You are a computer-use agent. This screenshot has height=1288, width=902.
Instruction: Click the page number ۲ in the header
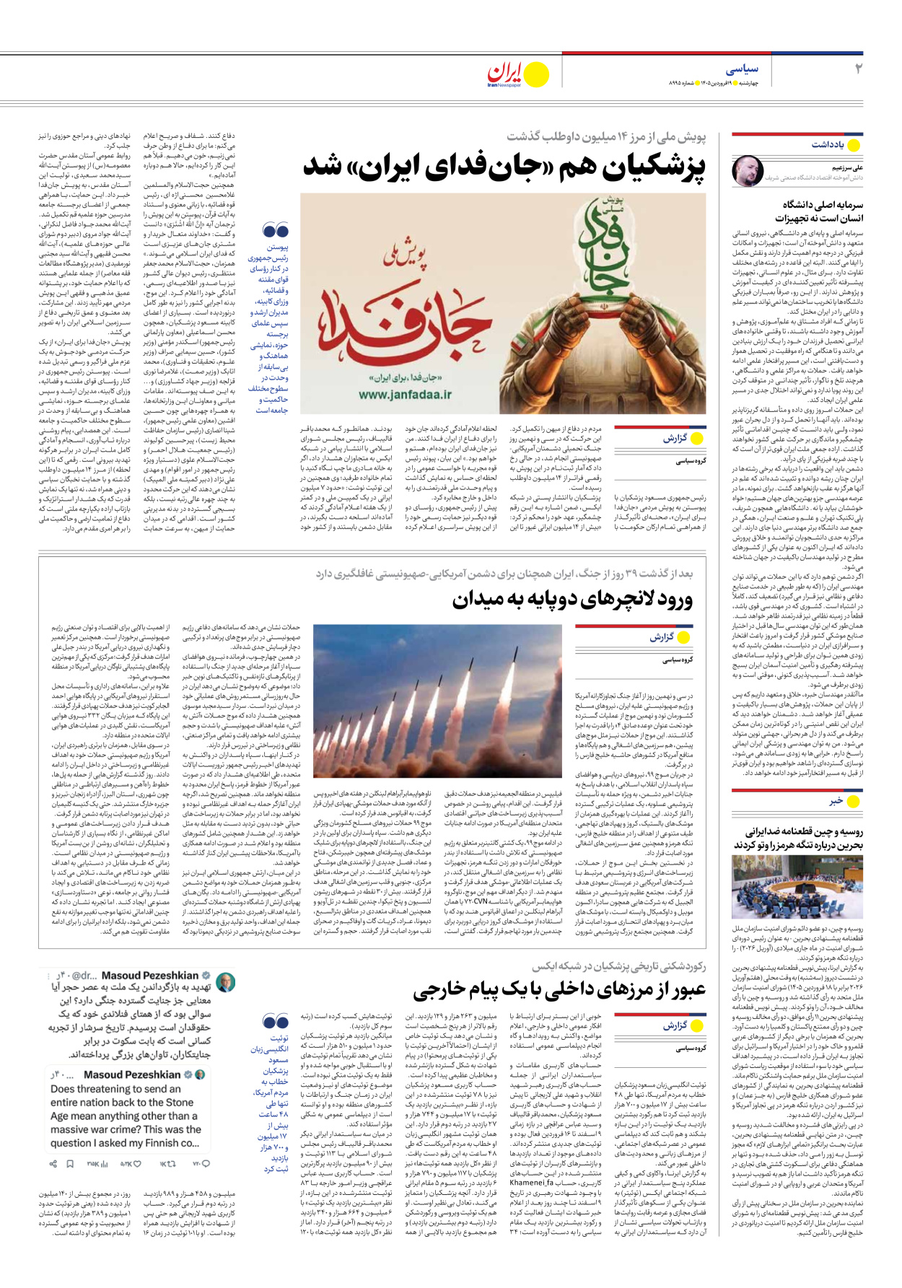(x=858, y=69)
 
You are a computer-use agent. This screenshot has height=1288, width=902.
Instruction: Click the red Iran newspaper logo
(x=504, y=74)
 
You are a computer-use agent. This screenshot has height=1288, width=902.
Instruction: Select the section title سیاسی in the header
(x=742, y=69)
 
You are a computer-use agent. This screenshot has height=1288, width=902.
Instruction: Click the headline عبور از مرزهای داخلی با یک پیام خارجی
(x=559, y=990)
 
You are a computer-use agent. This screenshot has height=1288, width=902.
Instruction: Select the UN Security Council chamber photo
(x=797, y=888)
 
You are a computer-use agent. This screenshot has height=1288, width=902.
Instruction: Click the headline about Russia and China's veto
(x=798, y=838)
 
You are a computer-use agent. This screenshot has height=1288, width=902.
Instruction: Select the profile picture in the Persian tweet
(x=225, y=983)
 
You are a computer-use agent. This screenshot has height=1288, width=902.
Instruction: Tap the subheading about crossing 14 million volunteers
(x=606, y=136)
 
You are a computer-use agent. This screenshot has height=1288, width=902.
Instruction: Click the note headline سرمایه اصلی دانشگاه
(x=818, y=211)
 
